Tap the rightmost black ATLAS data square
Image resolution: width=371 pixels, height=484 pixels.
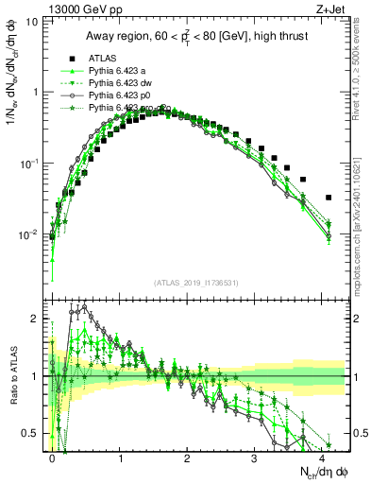pyautogui.click(x=328, y=198)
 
